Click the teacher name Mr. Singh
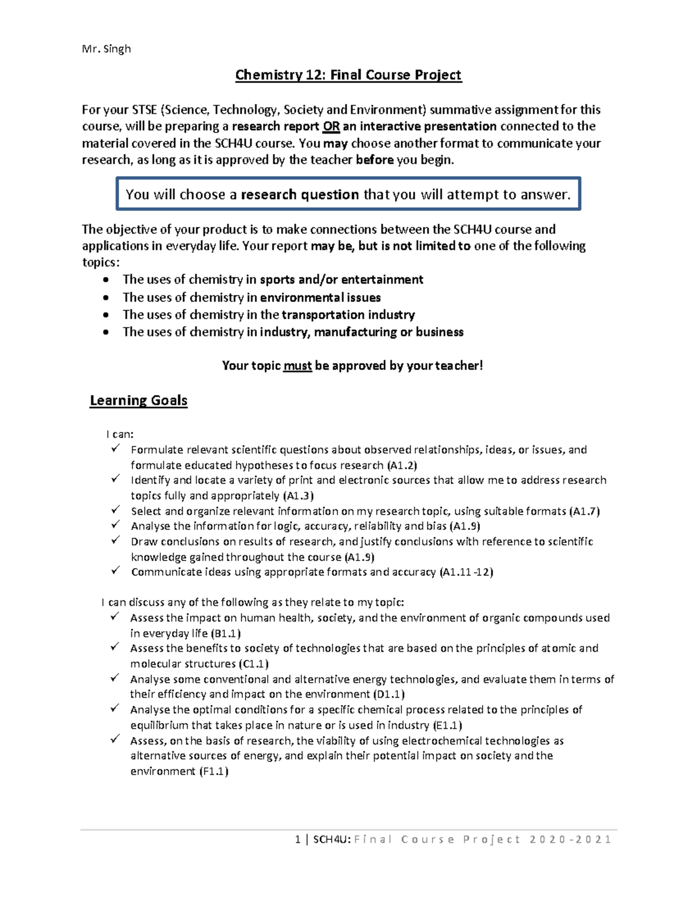click(x=106, y=49)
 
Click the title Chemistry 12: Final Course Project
click(x=348, y=75)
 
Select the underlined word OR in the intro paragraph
click(x=331, y=127)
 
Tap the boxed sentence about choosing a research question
click(x=348, y=195)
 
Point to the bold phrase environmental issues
click(x=320, y=298)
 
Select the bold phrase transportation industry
click(x=348, y=315)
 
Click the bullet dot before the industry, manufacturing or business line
click(x=105, y=333)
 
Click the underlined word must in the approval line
click(x=297, y=366)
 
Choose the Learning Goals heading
click(x=139, y=401)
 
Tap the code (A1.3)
click(x=298, y=496)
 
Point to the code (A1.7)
click(x=584, y=512)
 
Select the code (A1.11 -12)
click(x=466, y=572)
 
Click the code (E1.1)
click(x=447, y=725)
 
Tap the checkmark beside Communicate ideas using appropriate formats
click(x=116, y=571)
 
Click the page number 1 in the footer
click(x=298, y=839)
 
